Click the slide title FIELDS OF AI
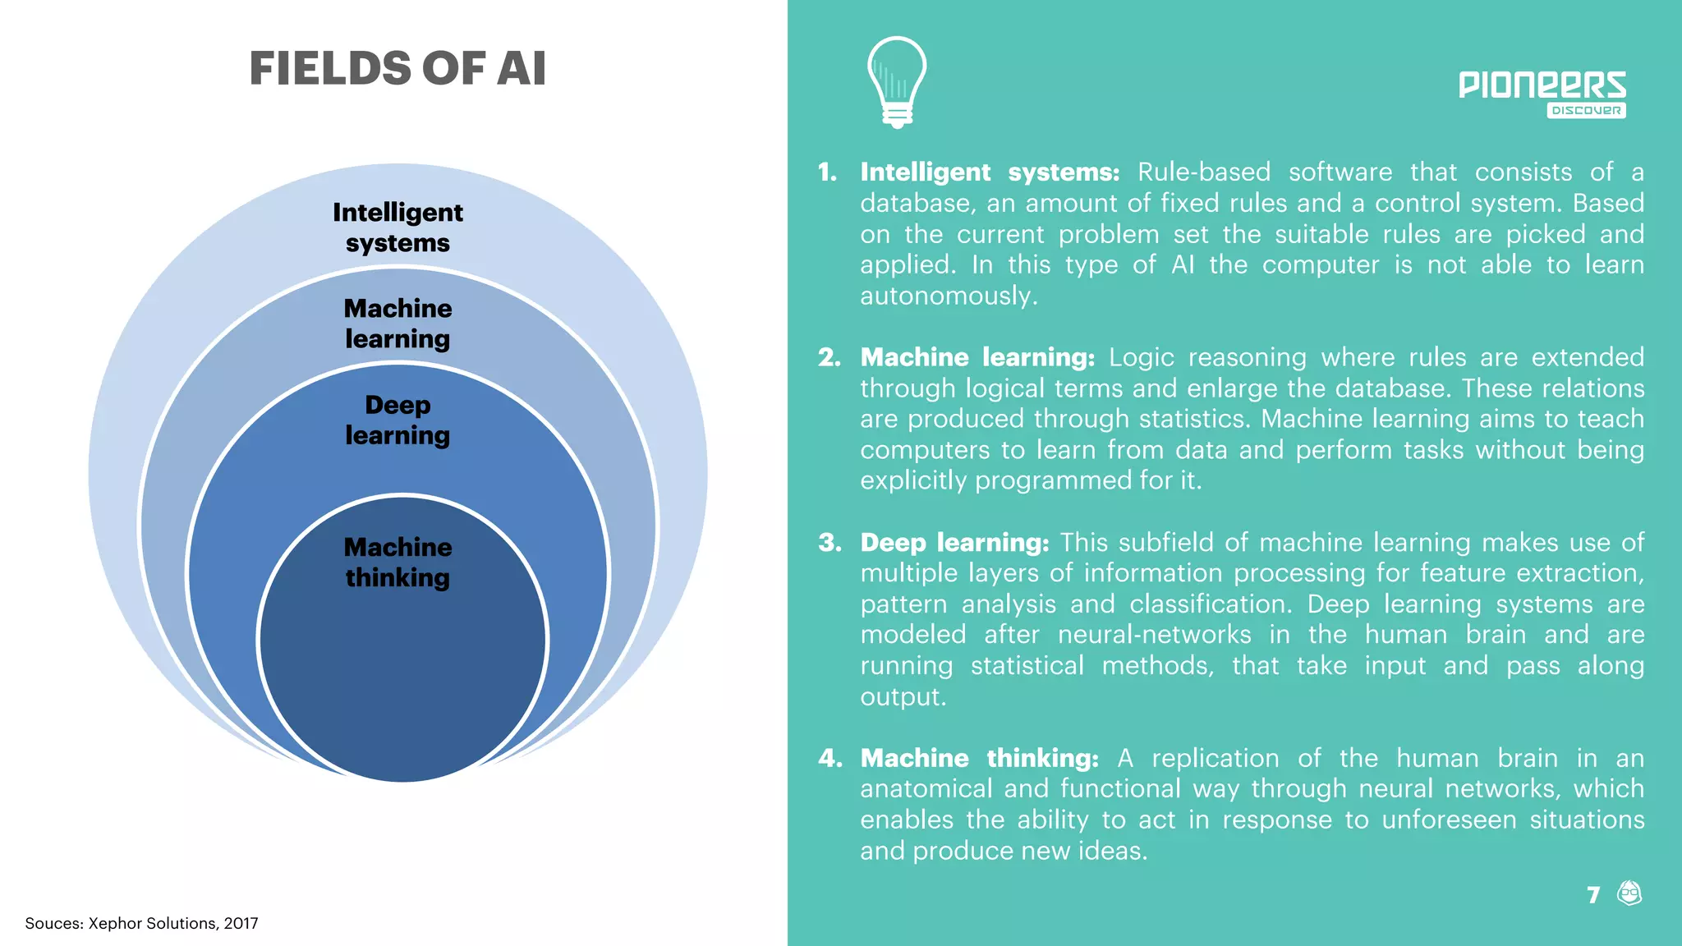coord(398,68)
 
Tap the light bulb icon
coord(897,82)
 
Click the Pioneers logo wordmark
coord(1542,85)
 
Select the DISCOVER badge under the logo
coord(1586,111)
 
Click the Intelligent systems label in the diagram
coord(398,227)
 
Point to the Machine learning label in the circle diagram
coord(398,324)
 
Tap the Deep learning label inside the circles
coord(398,420)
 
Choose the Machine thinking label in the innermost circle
coord(398,563)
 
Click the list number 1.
coord(827,172)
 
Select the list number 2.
coord(829,357)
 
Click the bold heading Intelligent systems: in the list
coord(990,172)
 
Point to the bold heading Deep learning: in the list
coord(954,543)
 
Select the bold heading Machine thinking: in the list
coord(979,758)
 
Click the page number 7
coord(1593,894)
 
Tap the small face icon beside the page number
coord(1629,893)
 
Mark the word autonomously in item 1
coord(949,296)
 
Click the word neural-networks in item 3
coord(1154,635)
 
